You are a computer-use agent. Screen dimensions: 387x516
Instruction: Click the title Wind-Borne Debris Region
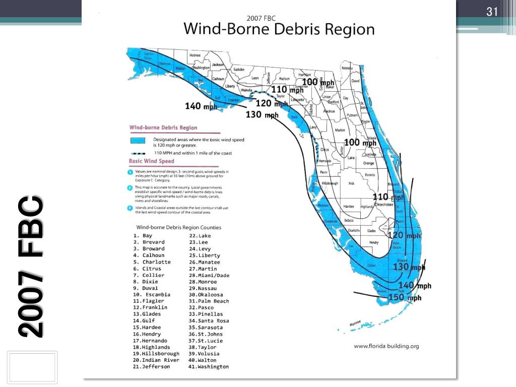(279, 29)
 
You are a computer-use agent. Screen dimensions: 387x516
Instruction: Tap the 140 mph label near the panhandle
(201, 106)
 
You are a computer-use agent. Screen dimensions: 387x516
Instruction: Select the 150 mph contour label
(405, 298)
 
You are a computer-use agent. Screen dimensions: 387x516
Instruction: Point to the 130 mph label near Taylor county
(262, 115)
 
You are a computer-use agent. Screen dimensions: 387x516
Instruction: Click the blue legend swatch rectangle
(138, 141)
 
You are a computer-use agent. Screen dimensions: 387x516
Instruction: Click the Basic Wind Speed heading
(152, 161)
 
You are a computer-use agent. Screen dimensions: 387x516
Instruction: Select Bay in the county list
(147, 236)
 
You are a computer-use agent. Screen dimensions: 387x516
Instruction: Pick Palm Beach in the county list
(213, 301)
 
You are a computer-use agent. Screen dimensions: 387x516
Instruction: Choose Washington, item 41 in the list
(213, 367)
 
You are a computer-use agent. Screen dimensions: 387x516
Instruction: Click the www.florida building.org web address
(386, 346)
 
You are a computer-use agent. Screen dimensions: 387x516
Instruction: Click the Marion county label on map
(340, 131)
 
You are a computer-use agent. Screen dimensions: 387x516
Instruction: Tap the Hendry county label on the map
(373, 242)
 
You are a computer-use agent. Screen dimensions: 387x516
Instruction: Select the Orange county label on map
(368, 163)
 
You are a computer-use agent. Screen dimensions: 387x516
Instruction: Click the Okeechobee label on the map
(383, 205)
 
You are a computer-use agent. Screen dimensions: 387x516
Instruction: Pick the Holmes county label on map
(195, 55)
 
